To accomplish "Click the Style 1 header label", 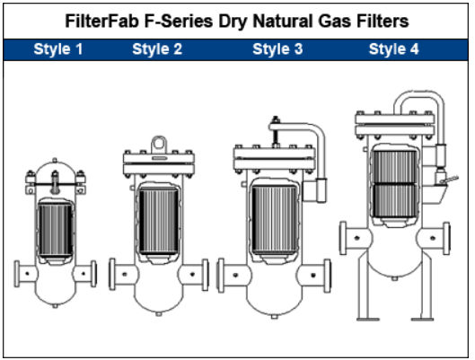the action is [x=58, y=49].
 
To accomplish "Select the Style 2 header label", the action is [x=157, y=49].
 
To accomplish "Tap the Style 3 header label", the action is [x=277, y=49].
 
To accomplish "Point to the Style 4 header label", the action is [x=394, y=49].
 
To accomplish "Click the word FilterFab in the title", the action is [x=101, y=22].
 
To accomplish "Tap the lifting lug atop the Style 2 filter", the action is [x=159, y=145].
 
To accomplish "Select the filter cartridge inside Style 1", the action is [x=55, y=230].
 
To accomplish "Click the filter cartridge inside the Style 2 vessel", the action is [x=158, y=220].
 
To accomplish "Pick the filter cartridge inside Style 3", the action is [x=274, y=219].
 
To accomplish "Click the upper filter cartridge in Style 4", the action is [x=394, y=166].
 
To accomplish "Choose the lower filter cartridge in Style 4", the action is [x=394, y=200].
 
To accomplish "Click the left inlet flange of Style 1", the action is [x=17, y=274].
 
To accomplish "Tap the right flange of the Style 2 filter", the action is [x=206, y=275].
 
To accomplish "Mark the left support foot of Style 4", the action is [x=367, y=319].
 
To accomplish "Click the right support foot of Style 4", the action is [x=423, y=319].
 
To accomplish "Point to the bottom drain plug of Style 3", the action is [x=274, y=316].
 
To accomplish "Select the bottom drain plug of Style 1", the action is [x=55, y=306].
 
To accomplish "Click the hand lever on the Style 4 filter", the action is [x=450, y=180].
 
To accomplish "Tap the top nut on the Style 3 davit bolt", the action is [x=276, y=119].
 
